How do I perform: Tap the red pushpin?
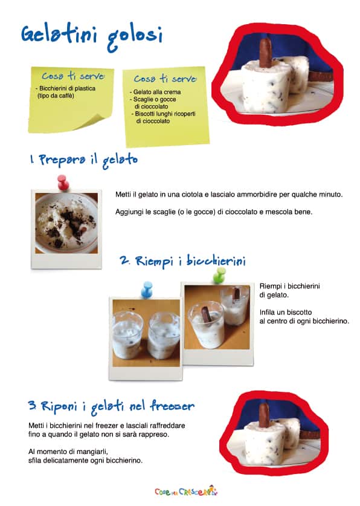point(63,183)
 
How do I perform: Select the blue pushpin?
point(147,289)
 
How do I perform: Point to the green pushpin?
point(219,275)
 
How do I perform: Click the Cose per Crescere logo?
point(186,491)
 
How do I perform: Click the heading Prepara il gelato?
point(84,160)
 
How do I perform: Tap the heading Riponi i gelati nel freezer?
point(111,407)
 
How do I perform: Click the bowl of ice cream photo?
point(66,223)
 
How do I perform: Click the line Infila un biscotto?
point(286,313)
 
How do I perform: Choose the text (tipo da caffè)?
point(56,96)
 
